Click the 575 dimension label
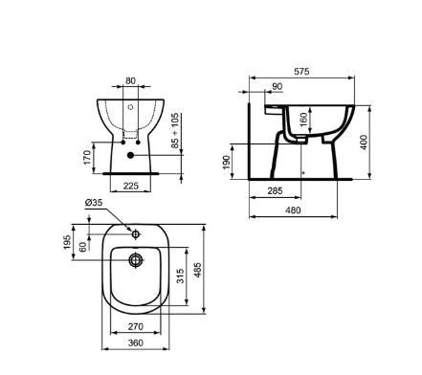tap(301, 72)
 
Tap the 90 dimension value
tap(278, 86)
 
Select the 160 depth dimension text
tap(303, 119)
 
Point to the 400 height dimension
tap(364, 143)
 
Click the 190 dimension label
tap(226, 163)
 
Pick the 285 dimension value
tap(275, 190)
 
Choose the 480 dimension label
tap(293, 210)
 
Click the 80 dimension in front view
tap(130, 81)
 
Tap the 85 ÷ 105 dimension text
tap(175, 130)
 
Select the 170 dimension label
tap(87, 158)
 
